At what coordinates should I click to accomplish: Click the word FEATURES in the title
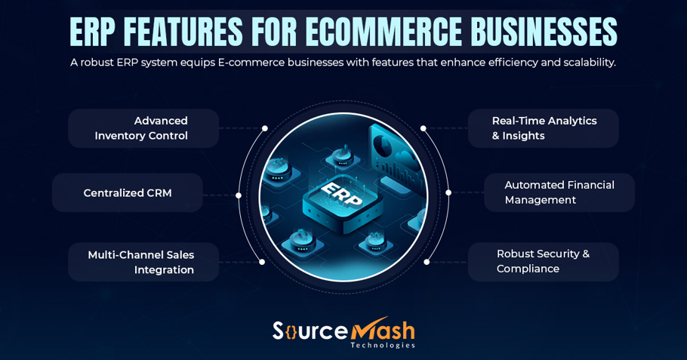(183, 32)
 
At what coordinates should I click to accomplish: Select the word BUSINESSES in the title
(544, 32)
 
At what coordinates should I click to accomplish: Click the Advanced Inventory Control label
(143, 128)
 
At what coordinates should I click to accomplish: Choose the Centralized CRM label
(128, 193)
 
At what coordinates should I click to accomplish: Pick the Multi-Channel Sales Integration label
(142, 263)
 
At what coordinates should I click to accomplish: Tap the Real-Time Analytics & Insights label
(544, 128)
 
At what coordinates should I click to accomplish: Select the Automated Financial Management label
(559, 193)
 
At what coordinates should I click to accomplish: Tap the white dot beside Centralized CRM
(239, 195)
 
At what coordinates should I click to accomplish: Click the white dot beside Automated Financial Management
(448, 192)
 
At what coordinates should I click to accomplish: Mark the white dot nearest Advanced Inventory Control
(265, 128)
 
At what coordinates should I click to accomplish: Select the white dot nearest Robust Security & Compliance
(427, 262)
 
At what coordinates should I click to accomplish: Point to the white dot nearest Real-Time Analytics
(424, 128)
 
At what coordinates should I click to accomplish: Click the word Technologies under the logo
(382, 346)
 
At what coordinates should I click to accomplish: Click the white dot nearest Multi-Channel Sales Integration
(262, 262)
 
